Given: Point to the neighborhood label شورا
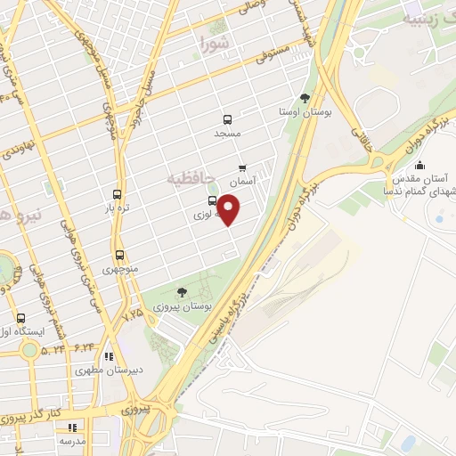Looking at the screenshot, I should click(x=215, y=42).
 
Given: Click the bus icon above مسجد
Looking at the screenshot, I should click(x=228, y=118).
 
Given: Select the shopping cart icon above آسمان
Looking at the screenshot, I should click(x=243, y=167).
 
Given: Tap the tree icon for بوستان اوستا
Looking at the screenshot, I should click(x=305, y=98).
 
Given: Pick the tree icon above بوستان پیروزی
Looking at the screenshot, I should click(x=182, y=292).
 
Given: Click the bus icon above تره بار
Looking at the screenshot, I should click(x=118, y=195).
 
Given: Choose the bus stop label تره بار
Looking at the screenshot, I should click(x=118, y=208).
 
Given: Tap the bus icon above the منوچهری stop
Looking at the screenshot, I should click(x=118, y=256).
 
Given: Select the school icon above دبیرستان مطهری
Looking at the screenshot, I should click(x=109, y=356).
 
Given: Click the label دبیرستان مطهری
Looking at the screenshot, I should click(x=110, y=370).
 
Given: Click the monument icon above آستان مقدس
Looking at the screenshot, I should click(x=419, y=164).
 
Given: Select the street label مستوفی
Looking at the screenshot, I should click(x=273, y=56).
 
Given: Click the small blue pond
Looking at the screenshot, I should click(x=408, y=443).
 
